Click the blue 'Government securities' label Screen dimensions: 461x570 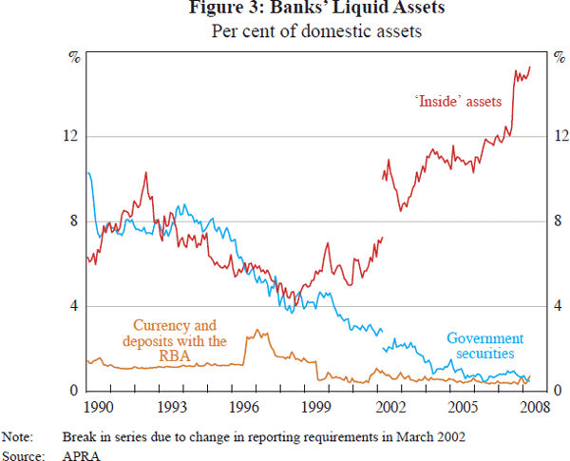[484, 346]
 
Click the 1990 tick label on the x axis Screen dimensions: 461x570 [99, 406]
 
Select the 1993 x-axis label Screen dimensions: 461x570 [172, 406]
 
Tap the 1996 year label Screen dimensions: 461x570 [245, 406]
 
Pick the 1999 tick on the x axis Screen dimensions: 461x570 [318, 406]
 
